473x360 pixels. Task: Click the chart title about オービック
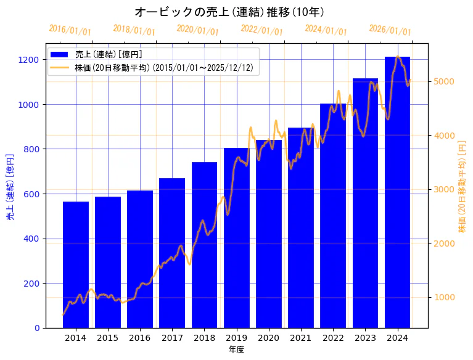click(x=229, y=12)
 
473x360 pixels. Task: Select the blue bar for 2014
click(x=76, y=265)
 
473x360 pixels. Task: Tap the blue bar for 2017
click(x=172, y=253)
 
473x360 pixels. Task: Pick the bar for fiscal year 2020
click(x=269, y=234)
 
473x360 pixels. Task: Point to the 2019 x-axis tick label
click(x=236, y=338)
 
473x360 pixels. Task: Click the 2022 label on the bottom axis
click(x=333, y=338)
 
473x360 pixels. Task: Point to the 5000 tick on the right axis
click(x=444, y=81)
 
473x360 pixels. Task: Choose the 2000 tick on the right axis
click(x=444, y=243)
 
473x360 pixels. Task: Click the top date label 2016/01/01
click(x=70, y=30)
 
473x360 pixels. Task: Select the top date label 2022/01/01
click(x=261, y=30)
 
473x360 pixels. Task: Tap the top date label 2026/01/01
click(x=390, y=30)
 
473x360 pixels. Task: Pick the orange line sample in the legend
click(x=60, y=67)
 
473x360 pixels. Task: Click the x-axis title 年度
click(x=236, y=350)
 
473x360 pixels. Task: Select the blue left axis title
click(x=10, y=187)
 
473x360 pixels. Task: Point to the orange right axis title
click(x=463, y=187)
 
